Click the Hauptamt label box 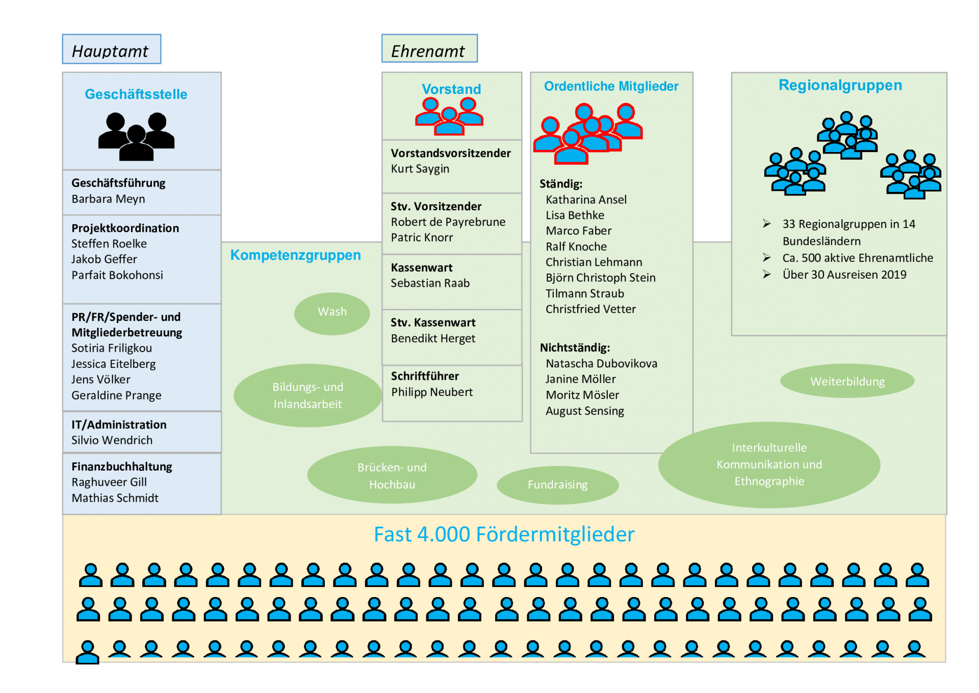pos(112,49)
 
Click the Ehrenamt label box pos(429,48)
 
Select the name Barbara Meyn pos(108,199)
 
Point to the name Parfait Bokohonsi pos(117,275)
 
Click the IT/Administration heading pos(119,425)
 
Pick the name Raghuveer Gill pos(109,482)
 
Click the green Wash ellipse pos(332,313)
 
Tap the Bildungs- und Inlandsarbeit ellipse pos(307,395)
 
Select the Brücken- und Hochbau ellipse pos(392,475)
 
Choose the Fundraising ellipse pos(558,484)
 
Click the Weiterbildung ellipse pos(847,381)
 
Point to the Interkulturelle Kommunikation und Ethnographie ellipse pos(769,464)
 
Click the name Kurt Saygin pos(420,169)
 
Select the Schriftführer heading pos(425,376)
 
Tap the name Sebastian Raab pos(430,283)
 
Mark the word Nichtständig pos(575,348)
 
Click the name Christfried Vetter pos(590,309)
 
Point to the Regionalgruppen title pos(840,85)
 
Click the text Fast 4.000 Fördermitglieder pos(504,534)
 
